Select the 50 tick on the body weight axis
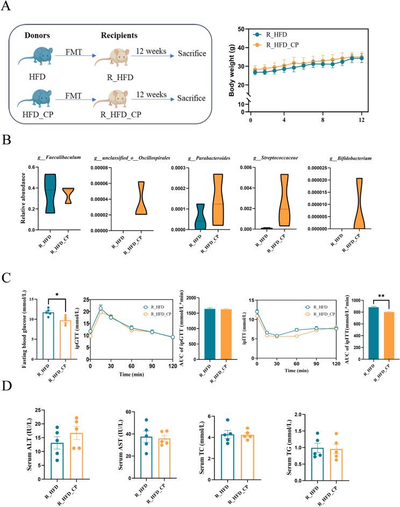coord(242,29)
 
